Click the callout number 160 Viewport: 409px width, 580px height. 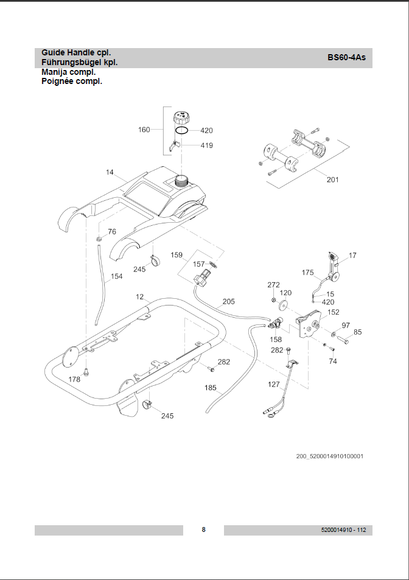coord(144,130)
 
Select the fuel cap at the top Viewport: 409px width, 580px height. coord(181,116)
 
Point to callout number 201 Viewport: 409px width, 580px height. coord(333,180)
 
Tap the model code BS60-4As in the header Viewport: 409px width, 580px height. coord(346,57)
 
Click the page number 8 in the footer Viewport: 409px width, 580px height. coord(204,529)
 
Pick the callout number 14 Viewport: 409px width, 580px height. coord(110,172)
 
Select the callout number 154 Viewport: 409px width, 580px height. coord(116,276)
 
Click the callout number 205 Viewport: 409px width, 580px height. coord(228,301)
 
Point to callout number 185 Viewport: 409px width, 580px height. coord(211,388)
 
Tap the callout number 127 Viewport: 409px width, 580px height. coord(274,385)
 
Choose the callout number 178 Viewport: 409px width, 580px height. coord(74,379)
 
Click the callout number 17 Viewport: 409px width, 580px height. coord(352,255)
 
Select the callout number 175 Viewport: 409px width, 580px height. coord(308,272)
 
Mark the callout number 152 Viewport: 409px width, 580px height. coord(334,312)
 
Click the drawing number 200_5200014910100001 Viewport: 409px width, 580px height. coord(330,456)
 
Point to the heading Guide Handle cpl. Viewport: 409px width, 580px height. coord(76,53)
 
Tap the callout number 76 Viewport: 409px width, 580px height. coord(112,232)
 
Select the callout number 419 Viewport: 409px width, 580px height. coord(206,145)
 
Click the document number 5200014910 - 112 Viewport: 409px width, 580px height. coord(343,530)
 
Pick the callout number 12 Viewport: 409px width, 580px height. coord(139,297)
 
